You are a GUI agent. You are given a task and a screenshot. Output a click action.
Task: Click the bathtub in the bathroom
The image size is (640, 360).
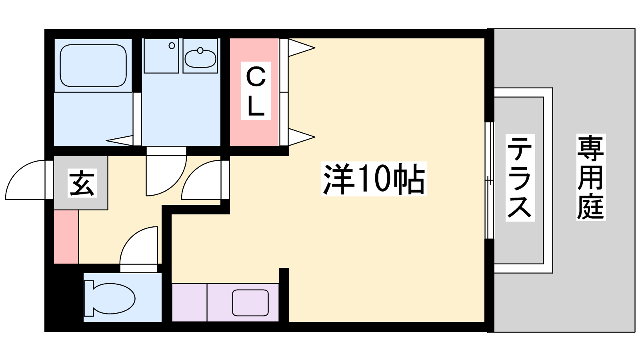(93, 66)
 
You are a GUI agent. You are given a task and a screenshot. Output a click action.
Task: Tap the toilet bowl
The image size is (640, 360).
(114, 298)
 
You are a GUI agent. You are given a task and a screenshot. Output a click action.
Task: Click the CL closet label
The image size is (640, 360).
(256, 90)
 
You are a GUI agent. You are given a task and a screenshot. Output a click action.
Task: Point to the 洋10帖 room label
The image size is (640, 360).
(374, 179)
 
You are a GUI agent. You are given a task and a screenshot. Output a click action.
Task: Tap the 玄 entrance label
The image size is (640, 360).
(82, 183)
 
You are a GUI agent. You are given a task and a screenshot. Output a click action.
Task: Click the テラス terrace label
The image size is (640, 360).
(520, 178)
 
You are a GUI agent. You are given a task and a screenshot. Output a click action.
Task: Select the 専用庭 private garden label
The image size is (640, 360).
(591, 177)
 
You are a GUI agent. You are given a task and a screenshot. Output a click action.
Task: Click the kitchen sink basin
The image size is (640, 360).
(250, 303)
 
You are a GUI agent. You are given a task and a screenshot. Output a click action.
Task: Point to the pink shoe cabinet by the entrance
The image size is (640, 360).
(66, 237)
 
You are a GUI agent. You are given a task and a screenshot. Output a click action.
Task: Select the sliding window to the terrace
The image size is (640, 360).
(490, 180)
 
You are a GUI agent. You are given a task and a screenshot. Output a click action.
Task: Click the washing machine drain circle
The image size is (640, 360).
(172, 46)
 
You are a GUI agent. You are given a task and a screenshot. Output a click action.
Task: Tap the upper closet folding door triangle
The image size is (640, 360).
(302, 48)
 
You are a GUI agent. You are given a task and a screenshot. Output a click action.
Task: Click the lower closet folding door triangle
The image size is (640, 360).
(302, 137)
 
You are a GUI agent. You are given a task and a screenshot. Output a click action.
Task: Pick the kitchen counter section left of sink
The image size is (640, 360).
(190, 302)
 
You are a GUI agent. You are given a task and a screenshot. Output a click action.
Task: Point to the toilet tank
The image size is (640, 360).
(89, 298)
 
